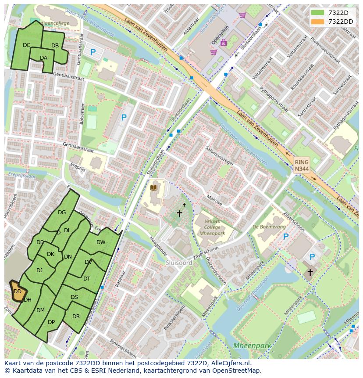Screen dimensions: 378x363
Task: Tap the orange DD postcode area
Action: click(18, 292)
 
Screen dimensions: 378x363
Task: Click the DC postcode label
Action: click(26, 45)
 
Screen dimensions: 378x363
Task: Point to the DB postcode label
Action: click(55, 46)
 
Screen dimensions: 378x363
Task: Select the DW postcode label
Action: click(101, 242)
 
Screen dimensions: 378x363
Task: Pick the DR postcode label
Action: click(76, 317)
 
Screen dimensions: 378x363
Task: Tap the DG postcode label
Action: click(62, 212)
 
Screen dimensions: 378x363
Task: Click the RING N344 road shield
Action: click(301, 166)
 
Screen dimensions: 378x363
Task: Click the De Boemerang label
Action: click(269, 227)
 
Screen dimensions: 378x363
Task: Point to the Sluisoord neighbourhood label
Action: click(179, 263)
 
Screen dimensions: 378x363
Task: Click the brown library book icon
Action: click(153, 188)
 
